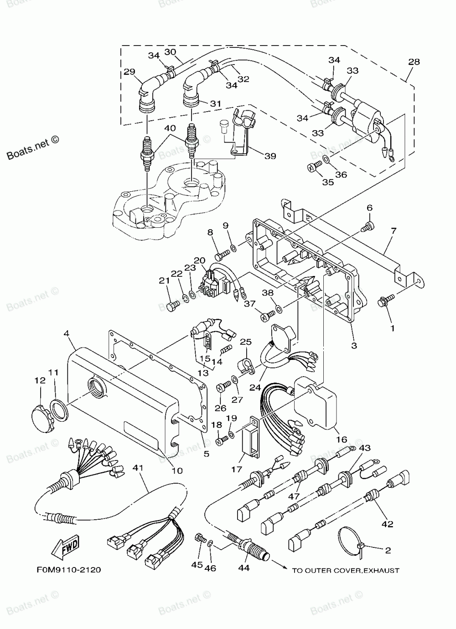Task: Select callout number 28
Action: tap(414, 62)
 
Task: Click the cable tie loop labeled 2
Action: tap(352, 536)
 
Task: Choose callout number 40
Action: tap(169, 128)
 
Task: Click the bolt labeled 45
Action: tap(199, 538)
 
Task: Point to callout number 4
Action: tap(67, 333)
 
